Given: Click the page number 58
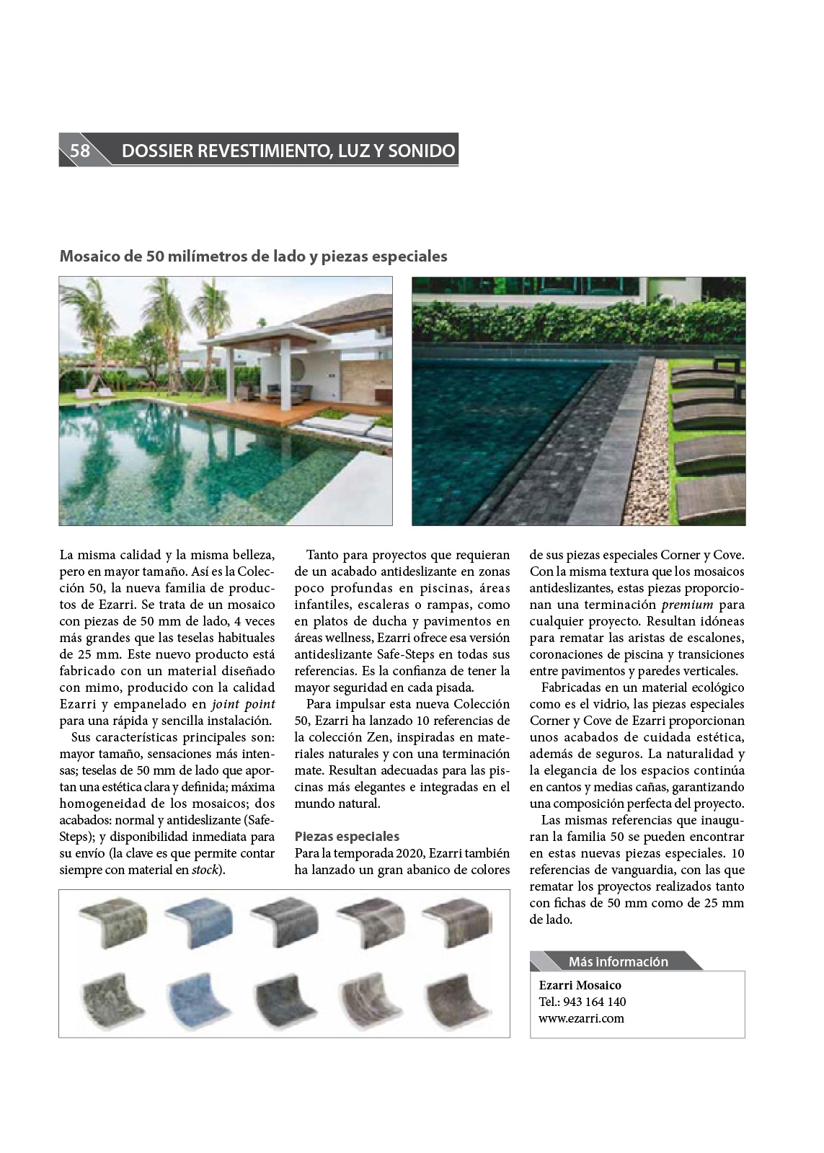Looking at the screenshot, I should pos(79,151).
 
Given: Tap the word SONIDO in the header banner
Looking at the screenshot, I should pos(422,151).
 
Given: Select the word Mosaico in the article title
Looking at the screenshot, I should pos(87,257).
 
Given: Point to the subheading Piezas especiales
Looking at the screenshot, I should pos(347,836).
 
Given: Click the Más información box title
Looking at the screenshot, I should pos(618,961).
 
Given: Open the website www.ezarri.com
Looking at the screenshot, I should pos(581,1018).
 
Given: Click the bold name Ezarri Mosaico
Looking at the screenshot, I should pos(580,985).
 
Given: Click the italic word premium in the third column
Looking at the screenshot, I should pos(687,605).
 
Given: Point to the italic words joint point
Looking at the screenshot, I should pos(244,704).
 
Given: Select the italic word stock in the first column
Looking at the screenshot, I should pos(205,870).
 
